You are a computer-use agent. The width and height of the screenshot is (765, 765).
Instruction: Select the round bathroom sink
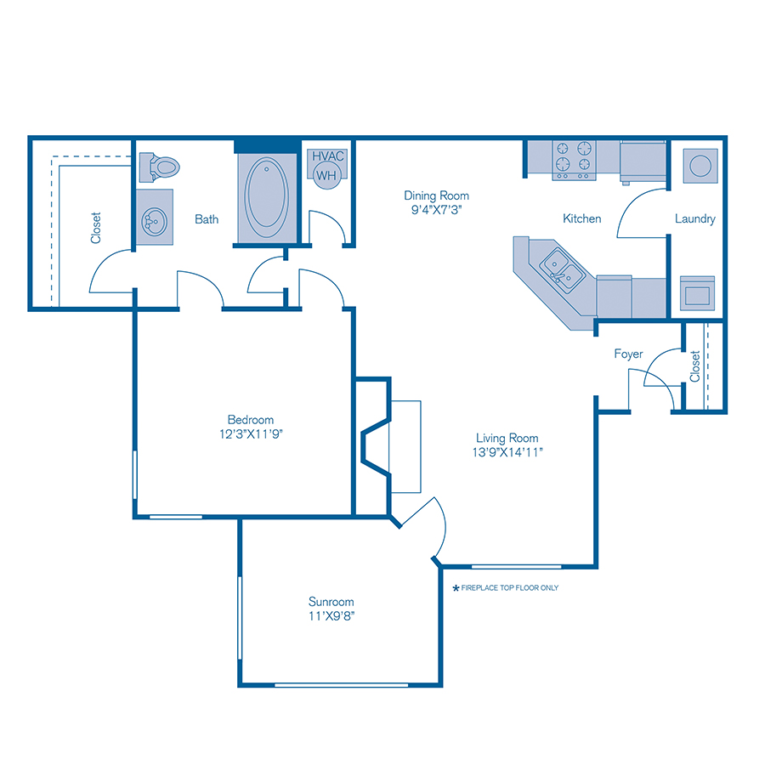154,223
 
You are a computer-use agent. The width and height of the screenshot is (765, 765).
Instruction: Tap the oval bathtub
266,195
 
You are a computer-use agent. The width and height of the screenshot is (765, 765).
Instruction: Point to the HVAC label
327,156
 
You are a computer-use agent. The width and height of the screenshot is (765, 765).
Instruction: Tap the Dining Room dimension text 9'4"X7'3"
436,208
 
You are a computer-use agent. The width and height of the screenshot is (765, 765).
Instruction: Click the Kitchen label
582,218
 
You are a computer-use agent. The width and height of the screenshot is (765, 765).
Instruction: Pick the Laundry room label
694,218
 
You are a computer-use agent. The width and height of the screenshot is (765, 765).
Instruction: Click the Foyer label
629,354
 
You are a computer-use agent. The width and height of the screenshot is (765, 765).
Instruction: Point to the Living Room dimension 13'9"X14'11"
507,452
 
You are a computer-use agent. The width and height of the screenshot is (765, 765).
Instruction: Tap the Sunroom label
331,602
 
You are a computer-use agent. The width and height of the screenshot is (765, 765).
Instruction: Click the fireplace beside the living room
391,447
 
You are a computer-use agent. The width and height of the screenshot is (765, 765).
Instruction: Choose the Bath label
207,218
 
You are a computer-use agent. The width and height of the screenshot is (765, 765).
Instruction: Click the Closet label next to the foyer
695,366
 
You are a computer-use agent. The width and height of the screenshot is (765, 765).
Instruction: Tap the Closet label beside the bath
95,227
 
